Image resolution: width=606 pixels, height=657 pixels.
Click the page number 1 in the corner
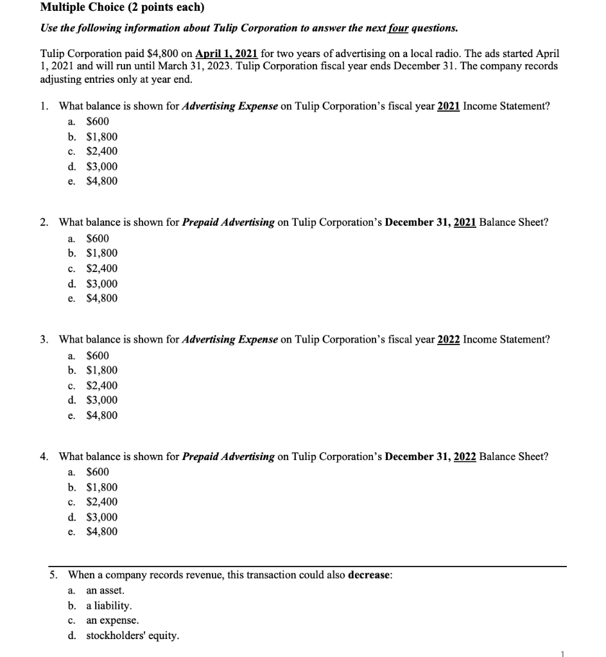(x=562, y=653)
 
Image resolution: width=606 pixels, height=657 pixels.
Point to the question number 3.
(x=43, y=340)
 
